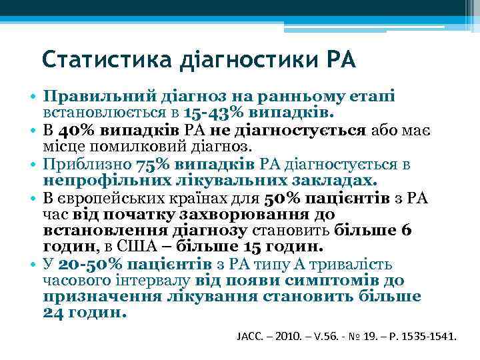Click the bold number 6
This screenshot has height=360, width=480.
click(407, 231)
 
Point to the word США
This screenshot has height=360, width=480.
click(143, 247)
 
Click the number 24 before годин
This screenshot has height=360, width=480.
click(56, 313)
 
